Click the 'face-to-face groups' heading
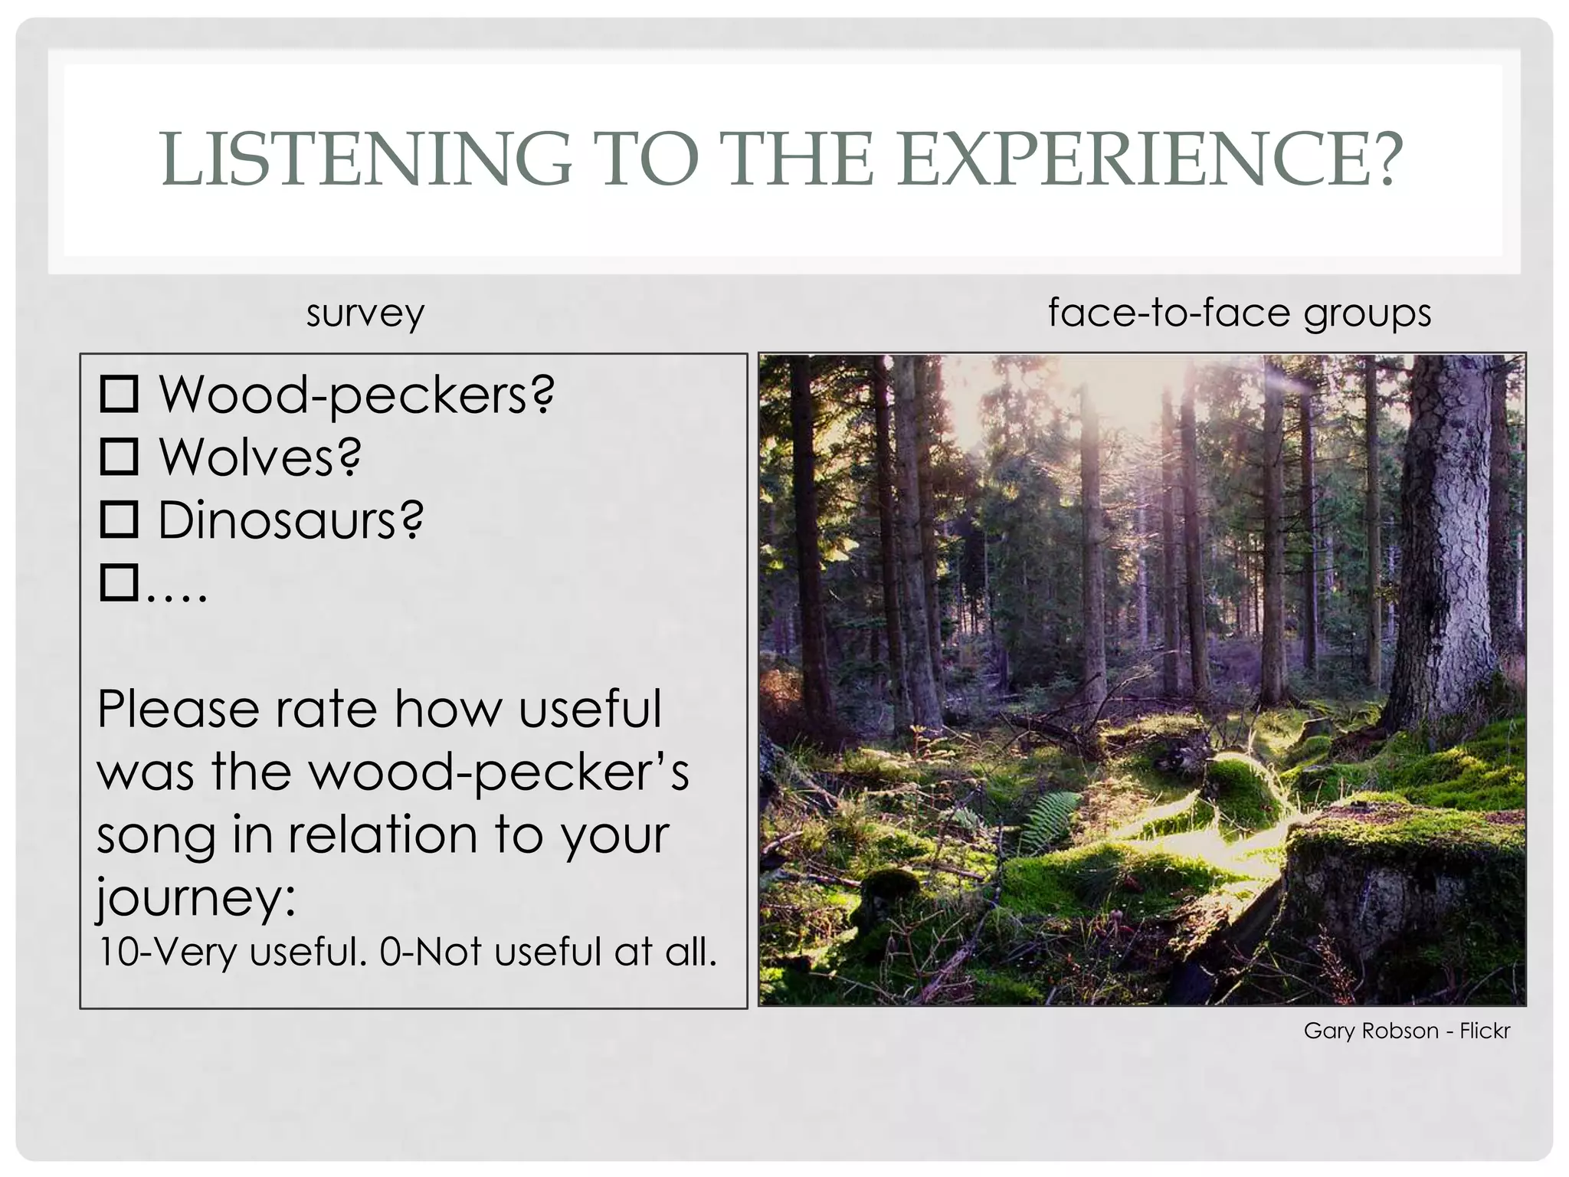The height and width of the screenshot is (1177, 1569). (x=1239, y=313)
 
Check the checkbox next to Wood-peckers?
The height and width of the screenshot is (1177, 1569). (x=119, y=394)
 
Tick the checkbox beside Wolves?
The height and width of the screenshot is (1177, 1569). (x=119, y=457)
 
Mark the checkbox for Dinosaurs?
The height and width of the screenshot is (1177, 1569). (x=119, y=520)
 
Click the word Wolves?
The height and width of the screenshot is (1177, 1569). (x=260, y=457)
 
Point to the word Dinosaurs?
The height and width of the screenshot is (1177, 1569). (x=290, y=520)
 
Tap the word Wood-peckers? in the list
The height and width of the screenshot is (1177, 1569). (x=356, y=395)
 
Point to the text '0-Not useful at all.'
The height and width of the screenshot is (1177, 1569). (x=548, y=952)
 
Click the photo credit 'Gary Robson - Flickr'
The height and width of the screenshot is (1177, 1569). (x=1407, y=1031)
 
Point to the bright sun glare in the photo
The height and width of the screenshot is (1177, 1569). (x=1103, y=398)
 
